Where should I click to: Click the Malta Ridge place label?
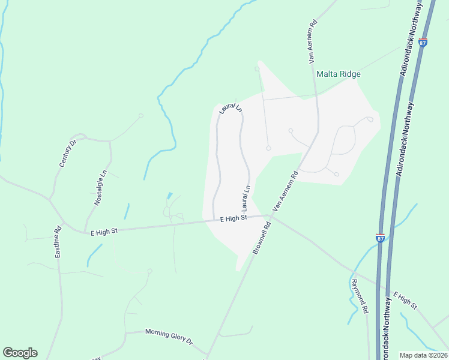339,74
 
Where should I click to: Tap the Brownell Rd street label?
262,238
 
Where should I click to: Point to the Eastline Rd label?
58,242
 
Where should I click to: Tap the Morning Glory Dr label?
169,337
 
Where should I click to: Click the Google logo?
20,353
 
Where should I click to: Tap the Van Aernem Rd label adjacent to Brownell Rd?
286,191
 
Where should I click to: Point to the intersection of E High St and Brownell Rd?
270,216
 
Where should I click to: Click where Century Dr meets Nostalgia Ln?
110,142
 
